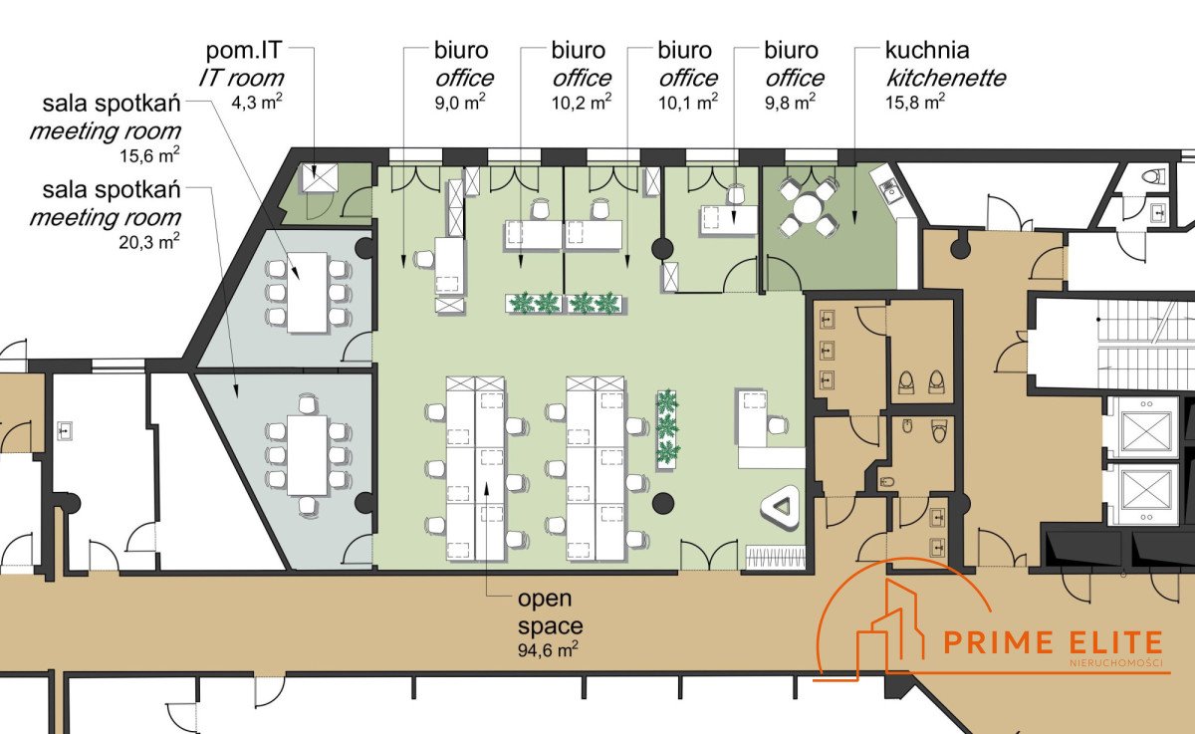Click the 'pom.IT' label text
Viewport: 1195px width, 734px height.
243,51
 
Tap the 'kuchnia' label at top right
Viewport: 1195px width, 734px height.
927,51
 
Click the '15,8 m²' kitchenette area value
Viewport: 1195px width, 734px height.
914,101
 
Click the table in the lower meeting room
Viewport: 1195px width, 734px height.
307,455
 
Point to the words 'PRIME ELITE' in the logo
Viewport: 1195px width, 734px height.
1052,643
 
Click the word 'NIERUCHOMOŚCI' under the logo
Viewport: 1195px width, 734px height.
1115,664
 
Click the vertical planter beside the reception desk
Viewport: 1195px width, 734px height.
666,428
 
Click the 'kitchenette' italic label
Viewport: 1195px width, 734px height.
945,77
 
